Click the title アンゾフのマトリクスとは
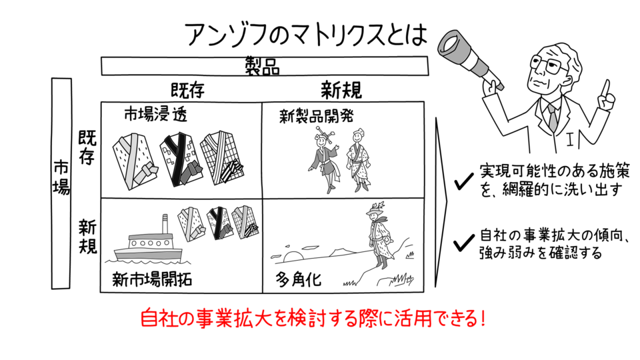coord(305,34)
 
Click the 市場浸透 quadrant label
coord(155,114)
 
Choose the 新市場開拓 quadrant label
coord(153,279)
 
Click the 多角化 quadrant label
coord(299,279)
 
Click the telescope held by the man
coord(471,50)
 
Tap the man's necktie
coord(552,116)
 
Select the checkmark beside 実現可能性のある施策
coord(461,181)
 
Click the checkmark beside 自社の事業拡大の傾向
coord(461,243)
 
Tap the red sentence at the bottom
coord(312,317)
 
